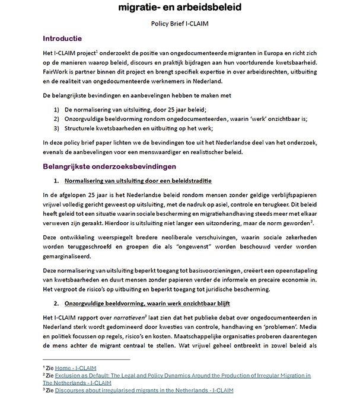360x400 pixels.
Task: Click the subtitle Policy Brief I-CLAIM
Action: [180, 24]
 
